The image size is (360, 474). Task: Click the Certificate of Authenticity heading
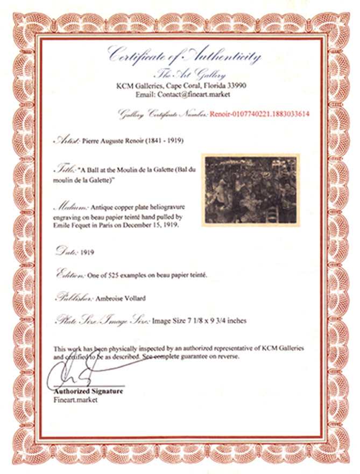[x=184, y=55]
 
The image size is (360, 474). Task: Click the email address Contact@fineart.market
[x=199, y=94]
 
